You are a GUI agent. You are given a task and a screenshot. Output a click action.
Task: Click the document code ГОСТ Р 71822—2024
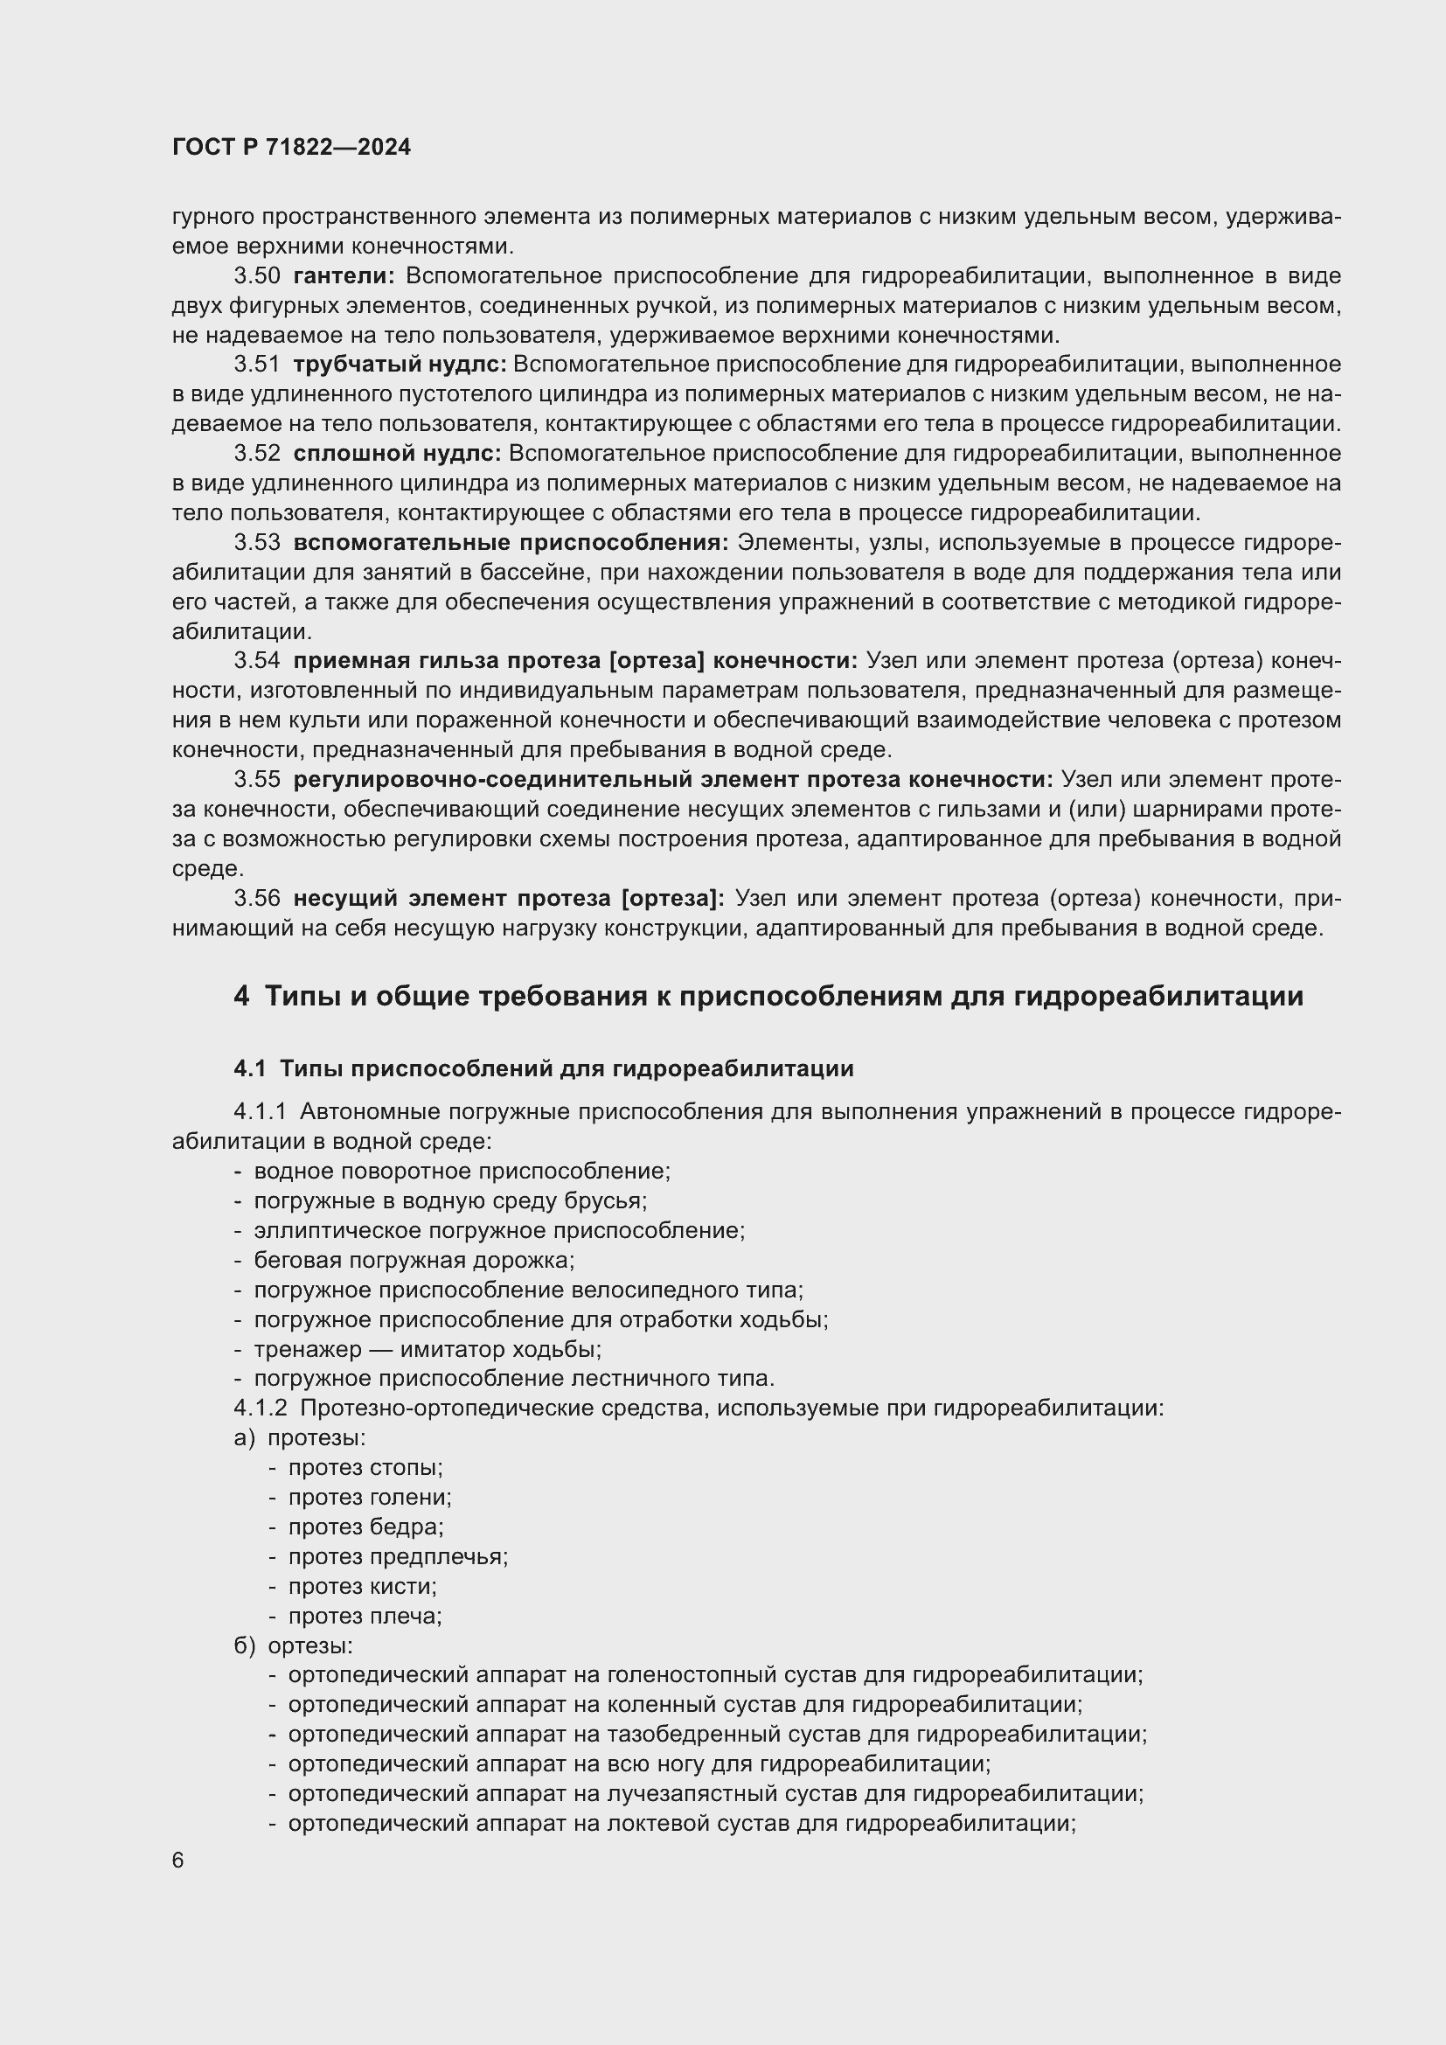coord(291,148)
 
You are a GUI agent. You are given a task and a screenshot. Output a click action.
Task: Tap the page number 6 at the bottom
coord(178,1861)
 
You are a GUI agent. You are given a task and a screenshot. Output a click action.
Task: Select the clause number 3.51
coord(256,365)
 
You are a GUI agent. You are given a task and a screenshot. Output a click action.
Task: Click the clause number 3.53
coord(256,542)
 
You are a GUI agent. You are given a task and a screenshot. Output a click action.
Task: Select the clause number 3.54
coord(256,661)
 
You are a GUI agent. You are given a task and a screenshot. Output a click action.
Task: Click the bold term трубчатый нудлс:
coord(399,365)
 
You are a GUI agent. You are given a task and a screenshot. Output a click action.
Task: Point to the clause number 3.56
coord(256,898)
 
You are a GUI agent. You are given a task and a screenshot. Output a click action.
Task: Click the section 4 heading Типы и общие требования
coord(768,996)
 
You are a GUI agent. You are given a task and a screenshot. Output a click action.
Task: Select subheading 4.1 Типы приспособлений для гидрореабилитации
coord(543,1068)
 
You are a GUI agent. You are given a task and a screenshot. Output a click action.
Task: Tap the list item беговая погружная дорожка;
coord(414,1261)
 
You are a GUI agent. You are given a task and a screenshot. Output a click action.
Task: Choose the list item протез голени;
coord(370,1497)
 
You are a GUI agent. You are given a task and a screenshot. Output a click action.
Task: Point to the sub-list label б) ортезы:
coord(293,1646)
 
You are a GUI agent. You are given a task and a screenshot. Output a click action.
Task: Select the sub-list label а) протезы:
coord(299,1438)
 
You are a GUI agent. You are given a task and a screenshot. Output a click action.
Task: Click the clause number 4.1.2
coord(260,1409)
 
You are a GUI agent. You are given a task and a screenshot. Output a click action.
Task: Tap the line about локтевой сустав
coord(681,1823)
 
